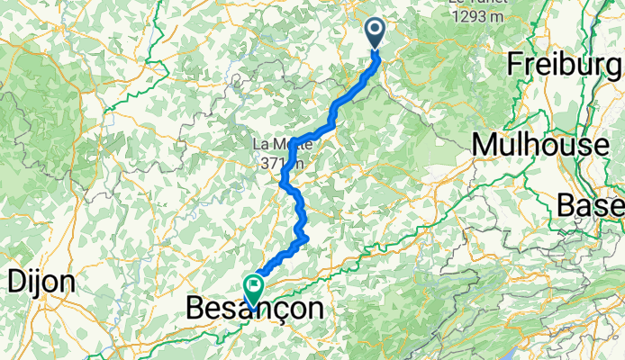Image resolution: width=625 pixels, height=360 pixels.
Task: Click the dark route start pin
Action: click(x=376, y=33)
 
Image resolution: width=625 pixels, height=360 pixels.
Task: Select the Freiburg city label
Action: click(x=565, y=65)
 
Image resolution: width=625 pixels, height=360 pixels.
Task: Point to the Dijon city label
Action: click(x=41, y=282)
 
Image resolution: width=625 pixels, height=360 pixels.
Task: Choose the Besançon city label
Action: click(x=254, y=309)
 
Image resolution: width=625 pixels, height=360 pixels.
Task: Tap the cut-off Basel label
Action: click(x=590, y=206)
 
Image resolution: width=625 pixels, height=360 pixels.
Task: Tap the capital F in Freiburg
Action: click(x=515, y=65)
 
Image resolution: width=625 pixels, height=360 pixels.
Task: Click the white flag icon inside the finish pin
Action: click(x=254, y=286)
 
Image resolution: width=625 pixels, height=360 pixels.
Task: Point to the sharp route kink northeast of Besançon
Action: click(x=306, y=238)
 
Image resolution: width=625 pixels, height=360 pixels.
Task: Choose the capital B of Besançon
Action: click(x=195, y=309)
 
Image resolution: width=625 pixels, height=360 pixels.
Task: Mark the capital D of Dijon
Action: click(x=17, y=282)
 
